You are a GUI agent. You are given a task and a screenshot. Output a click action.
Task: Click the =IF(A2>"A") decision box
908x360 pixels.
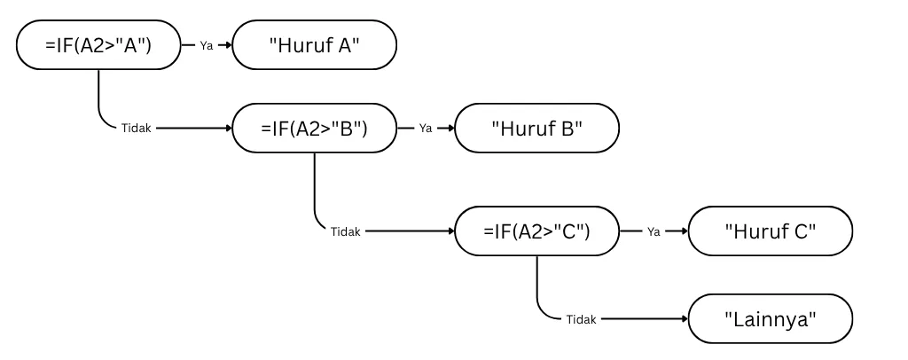point(98,44)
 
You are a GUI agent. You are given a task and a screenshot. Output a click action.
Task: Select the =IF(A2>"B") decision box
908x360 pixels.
point(314,129)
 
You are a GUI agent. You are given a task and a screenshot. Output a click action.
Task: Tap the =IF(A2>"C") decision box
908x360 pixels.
point(536,231)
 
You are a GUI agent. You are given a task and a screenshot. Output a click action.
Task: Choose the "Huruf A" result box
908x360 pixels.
point(314,44)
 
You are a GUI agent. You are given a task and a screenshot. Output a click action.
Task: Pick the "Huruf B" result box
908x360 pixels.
point(536,129)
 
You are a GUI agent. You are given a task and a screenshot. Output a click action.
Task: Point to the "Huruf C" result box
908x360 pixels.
point(770,231)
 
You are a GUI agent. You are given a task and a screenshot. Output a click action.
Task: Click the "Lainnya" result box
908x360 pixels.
point(770,319)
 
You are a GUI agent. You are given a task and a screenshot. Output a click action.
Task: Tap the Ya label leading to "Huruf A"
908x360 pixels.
point(207,44)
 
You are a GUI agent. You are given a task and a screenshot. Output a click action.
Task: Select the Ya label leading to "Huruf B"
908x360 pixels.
point(426,129)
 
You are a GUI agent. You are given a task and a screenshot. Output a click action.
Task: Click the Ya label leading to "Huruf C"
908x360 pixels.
point(654,231)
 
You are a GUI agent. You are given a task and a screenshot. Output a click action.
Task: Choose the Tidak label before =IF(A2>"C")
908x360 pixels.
point(346,231)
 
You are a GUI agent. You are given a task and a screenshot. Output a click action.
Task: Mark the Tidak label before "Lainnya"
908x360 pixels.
point(581,319)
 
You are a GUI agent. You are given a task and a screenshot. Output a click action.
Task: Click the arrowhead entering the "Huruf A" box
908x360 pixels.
point(228,44)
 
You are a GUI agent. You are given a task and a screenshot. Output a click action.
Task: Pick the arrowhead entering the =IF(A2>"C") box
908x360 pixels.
point(450,231)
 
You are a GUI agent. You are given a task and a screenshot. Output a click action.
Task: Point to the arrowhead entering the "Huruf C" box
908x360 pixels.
point(685,231)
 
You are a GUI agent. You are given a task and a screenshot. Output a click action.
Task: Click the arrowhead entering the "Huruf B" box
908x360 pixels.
point(450,129)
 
